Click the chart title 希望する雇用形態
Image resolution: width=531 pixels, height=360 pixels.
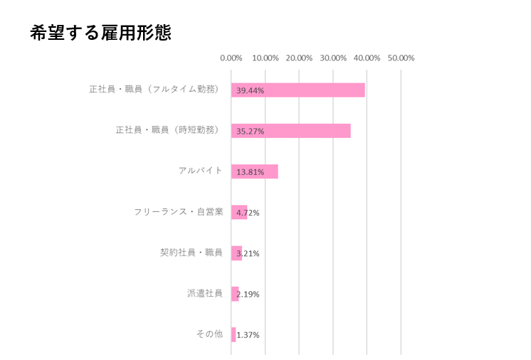pos(100,33)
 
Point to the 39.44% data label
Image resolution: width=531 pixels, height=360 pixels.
pos(251,90)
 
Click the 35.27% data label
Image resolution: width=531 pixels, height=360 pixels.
pos(251,131)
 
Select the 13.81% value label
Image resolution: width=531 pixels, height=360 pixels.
pos(251,172)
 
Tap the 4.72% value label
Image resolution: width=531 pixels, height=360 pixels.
pos(248,213)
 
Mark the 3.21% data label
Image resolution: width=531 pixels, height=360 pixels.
pos(248,253)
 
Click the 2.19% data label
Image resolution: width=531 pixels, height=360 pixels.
pos(248,294)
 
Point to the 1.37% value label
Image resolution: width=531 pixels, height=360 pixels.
pos(248,334)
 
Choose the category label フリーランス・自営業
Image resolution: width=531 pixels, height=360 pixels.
pos(179,212)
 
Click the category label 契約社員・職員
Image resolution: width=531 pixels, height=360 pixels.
pos(191,253)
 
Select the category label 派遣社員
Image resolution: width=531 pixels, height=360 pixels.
pos(205,293)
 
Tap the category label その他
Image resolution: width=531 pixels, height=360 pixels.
pos(209,334)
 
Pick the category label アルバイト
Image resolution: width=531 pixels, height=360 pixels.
pos(201,171)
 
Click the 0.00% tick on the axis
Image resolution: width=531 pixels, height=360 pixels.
pos(231,58)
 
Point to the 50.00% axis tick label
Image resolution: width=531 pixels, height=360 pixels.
pos(401,58)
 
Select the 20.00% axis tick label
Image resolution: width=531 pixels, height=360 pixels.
pos(299,58)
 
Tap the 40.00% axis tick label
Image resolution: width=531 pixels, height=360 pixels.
pos(367,58)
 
